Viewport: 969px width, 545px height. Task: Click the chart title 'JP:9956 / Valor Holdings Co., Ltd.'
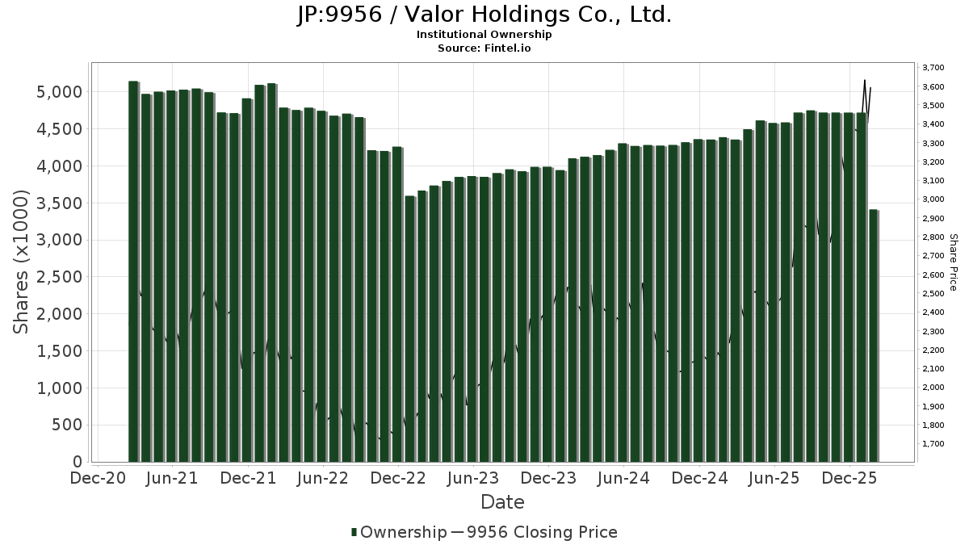click(x=484, y=15)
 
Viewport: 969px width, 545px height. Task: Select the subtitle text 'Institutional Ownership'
click(x=484, y=35)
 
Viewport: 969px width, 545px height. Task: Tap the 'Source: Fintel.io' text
click(x=484, y=48)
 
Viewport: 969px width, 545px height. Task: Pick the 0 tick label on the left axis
click(x=77, y=462)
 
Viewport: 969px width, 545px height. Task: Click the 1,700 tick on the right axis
click(x=933, y=444)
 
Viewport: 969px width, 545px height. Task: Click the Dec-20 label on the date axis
click(x=97, y=478)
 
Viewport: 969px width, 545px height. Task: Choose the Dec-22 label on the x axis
click(x=399, y=478)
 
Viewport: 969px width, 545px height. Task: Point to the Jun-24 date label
click(x=623, y=478)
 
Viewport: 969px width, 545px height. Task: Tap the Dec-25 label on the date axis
click(x=849, y=478)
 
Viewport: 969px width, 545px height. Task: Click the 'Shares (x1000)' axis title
click(x=22, y=262)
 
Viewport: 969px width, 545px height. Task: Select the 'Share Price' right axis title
click(x=953, y=262)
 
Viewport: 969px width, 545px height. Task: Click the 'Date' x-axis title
click(x=502, y=502)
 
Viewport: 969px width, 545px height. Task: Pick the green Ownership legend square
click(x=354, y=532)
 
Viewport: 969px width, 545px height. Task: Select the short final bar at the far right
click(x=873, y=335)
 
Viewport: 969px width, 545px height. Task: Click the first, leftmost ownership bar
click(x=133, y=270)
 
